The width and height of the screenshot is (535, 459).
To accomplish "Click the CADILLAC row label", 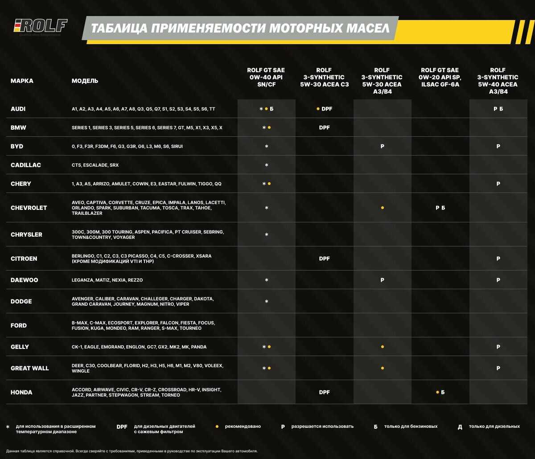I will point(26,165).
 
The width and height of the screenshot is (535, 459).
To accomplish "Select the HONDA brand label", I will point(21,392).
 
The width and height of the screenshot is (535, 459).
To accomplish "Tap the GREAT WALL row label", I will point(30,368).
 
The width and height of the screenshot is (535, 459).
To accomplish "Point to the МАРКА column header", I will point(22,81).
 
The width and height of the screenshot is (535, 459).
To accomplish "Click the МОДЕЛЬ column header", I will point(85,81).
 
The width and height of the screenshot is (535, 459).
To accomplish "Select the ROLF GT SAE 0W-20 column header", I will point(440,77).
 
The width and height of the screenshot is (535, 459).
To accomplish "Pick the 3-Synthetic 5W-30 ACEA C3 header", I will point(324,77).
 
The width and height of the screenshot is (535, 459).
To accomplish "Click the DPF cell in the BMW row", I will point(324,127).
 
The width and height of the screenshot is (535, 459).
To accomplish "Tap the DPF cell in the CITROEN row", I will point(324,258).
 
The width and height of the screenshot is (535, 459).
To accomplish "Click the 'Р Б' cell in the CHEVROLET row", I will point(440,208).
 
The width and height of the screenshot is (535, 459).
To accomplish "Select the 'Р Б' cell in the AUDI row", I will point(498,109).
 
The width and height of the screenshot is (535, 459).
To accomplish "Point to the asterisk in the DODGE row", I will point(266,302).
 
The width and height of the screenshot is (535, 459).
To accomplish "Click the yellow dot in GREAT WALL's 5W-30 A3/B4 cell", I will point(382,368).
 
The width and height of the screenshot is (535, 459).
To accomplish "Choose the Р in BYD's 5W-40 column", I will point(498,146).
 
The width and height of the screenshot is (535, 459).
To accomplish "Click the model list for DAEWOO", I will point(107,280).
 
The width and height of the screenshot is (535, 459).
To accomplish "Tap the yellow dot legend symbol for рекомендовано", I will point(217,426).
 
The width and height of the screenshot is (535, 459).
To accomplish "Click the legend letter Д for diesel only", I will point(460,427).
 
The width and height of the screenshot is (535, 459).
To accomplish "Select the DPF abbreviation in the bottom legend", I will point(122,426).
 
